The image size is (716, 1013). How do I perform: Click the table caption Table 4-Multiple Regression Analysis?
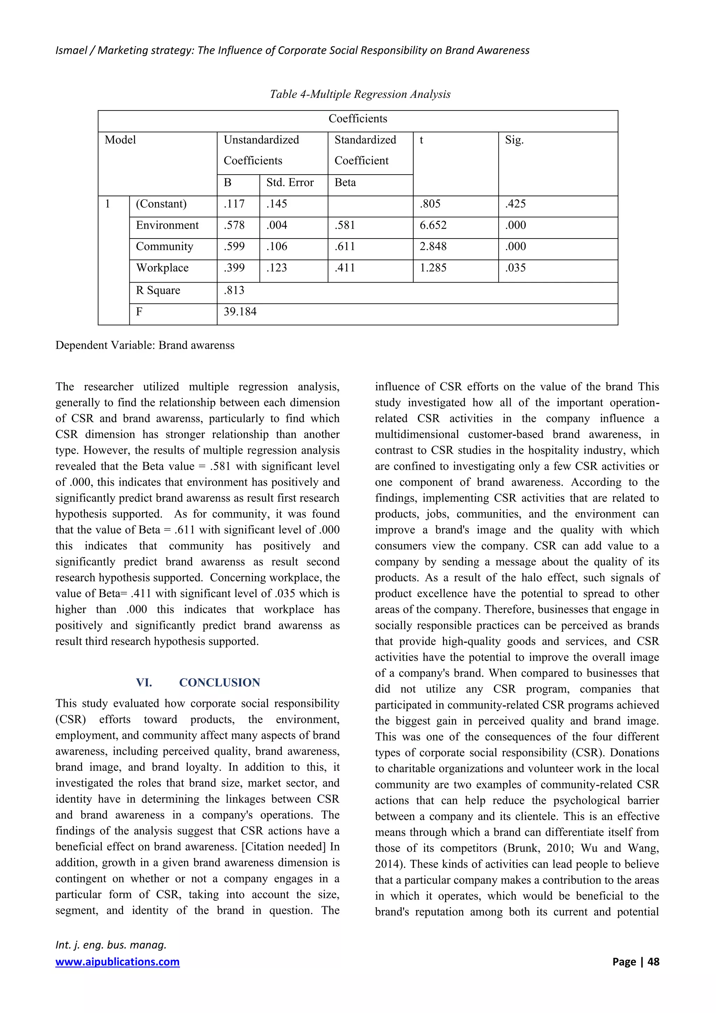[360, 94]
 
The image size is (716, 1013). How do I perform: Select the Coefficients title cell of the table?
[358, 119]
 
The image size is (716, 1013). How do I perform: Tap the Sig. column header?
[514, 140]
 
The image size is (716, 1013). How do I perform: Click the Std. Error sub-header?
[290, 183]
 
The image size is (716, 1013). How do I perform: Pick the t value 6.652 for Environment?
[433, 226]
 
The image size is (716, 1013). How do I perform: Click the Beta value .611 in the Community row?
[344, 247]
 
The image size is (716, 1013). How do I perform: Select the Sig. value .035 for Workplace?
[515, 268]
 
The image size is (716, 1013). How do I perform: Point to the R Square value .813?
[234, 290]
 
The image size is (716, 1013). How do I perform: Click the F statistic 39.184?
[240, 312]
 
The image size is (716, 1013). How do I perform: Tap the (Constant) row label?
[161, 204]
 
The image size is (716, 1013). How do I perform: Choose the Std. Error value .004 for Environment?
[277, 226]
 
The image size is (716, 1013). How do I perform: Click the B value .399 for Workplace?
[234, 268]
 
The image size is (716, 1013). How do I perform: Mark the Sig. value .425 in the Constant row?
[515, 204]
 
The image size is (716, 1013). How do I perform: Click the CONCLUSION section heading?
[219, 682]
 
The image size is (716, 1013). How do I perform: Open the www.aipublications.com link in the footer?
[117, 962]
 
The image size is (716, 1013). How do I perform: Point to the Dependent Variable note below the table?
[145, 346]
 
